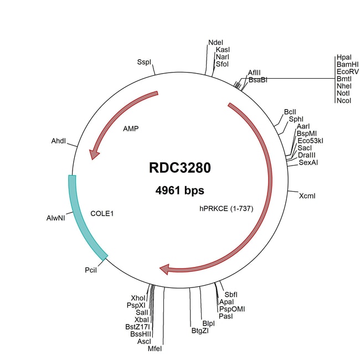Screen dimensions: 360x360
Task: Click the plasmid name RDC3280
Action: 179,167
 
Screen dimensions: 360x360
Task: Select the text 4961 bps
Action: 179,191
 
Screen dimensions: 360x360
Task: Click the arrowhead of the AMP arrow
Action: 95,153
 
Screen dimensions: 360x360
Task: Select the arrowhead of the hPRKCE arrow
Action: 165,269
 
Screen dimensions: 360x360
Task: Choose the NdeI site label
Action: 215,42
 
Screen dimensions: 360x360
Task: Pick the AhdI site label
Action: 58,142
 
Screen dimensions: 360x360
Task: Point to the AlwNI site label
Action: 56,218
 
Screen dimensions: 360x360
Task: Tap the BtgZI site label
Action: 200,331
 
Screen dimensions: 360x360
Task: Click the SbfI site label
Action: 230,294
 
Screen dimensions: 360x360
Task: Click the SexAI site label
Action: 308,162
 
